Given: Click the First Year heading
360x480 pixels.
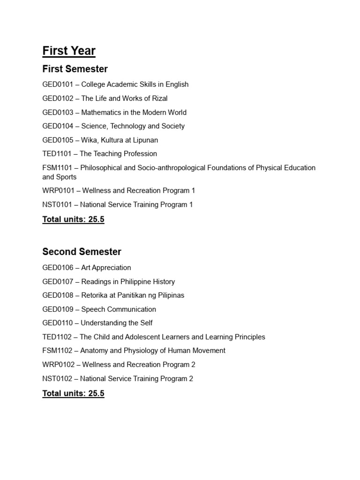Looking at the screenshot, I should pyautogui.click(x=69, y=51).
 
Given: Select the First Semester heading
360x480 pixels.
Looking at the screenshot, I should pyautogui.click(x=75, y=69).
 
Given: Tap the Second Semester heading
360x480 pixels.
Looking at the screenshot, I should pyautogui.click(x=82, y=252).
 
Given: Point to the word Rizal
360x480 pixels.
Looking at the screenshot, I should pyautogui.click(x=158, y=98).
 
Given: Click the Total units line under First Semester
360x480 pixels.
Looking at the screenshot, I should pyautogui.click(x=73, y=219).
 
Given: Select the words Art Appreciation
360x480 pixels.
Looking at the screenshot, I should pyautogui.click(x=106, y=268).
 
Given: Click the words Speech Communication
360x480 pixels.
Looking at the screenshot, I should pyautogui.click(x=119, y=309).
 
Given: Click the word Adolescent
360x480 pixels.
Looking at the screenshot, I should pyautogui.click(x=143, y=337).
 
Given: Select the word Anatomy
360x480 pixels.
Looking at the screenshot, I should pyautogui.click(x=94, y=351).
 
